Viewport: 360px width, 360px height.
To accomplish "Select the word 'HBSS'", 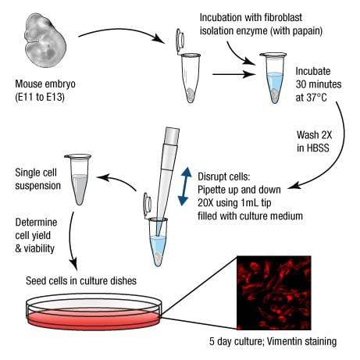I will pyautogui.click(x=312, y=148).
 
